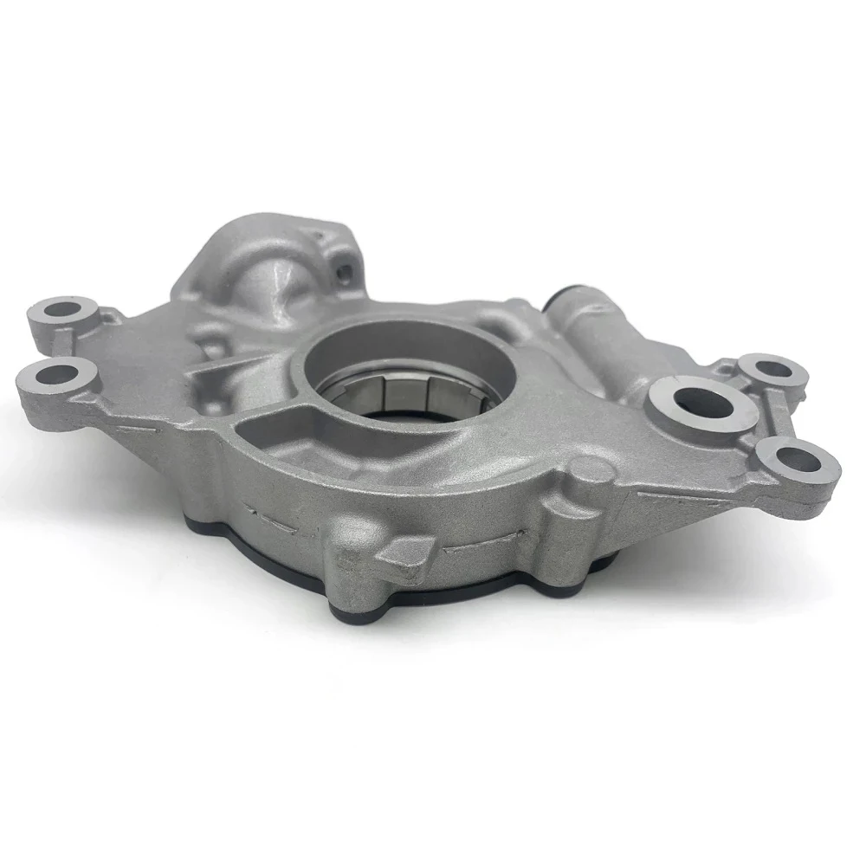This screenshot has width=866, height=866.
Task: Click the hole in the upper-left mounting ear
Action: [x=61, y=308]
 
